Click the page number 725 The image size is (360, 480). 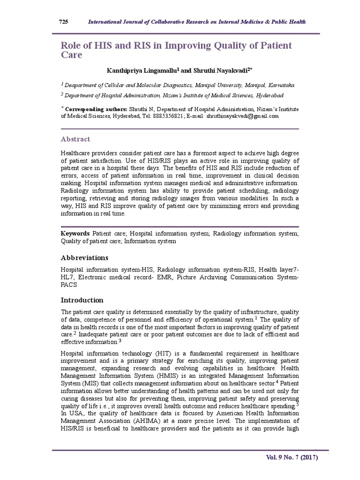click(63, 22)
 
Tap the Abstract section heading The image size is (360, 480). click(75, 139)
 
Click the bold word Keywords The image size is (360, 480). click(75, 233)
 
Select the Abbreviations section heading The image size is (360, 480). click(84, 258)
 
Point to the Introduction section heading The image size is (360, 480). click(82, 300)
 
